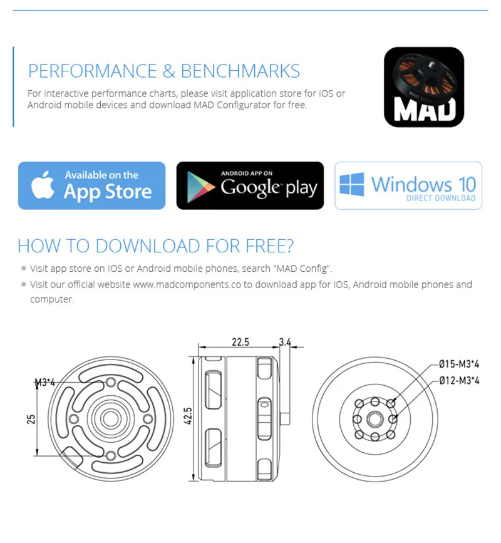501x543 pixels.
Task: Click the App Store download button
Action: click(91, 185)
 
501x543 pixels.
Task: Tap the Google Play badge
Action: click(250, 185)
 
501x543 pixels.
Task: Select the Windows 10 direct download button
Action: click(408, 185)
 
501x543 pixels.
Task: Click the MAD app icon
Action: click(423, 87)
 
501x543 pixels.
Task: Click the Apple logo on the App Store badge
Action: click(43, 185)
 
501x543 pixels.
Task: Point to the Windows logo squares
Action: click(352, 185)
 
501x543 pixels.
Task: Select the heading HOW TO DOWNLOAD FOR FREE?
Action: click(155, 246)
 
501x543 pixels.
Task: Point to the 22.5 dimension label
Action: click(240, 342)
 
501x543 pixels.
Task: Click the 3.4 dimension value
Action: click(285, 342)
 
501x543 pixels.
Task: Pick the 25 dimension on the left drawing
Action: click(31, 418)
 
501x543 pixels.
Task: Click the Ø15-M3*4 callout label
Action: click(458, 363)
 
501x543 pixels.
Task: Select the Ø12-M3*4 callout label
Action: click(458, 380)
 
